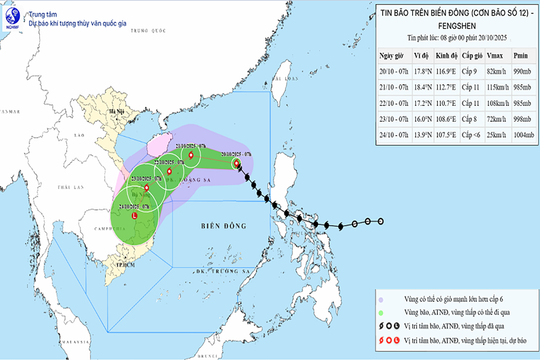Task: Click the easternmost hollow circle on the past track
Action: point(381,222)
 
